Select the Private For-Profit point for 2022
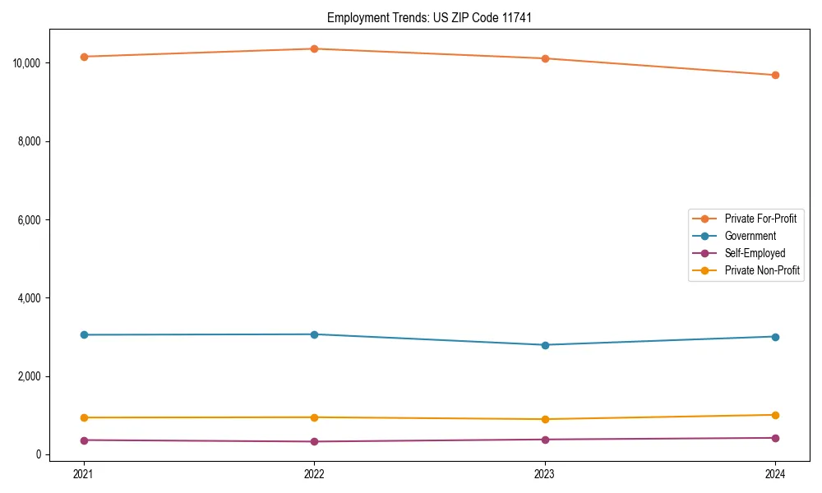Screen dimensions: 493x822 click(x=314, y=48)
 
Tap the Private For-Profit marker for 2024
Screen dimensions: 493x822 click(x=775, y=75)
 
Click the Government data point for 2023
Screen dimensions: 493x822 click(x=545, y=345)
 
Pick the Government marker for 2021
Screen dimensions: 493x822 click(x=83, y=334)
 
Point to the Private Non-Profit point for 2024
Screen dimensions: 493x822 click(x=775, y=415)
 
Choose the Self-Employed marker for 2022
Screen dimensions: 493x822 click(x=314, y=441)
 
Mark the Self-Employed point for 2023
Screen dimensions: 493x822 click(x=545, y=440)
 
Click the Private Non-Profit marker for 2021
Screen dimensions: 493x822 click(x=83, y=417)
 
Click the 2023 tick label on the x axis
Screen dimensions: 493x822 click(x=545, y=473)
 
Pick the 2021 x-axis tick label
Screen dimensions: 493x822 click(x=83, y=473)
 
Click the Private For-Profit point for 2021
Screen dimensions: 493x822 click(x=83, y=57)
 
